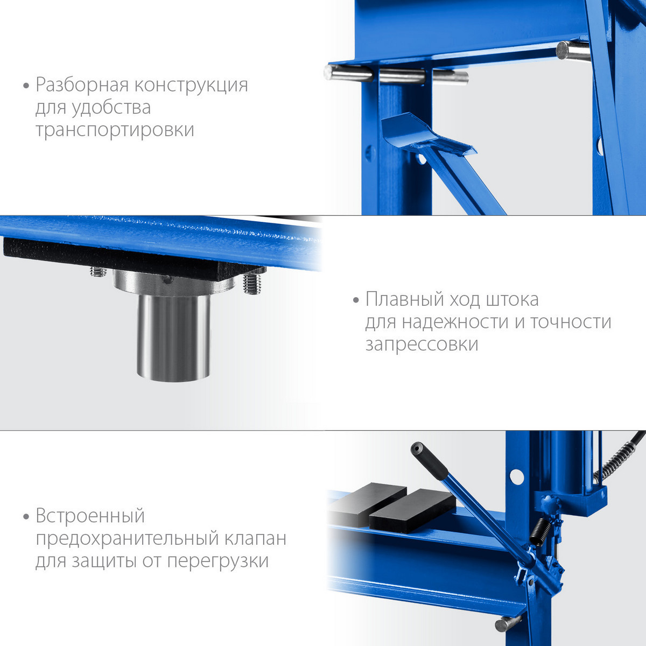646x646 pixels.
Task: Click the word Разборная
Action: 82,85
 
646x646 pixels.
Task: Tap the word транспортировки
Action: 115,130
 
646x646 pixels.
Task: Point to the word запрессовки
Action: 422,345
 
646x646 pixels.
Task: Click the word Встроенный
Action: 90,516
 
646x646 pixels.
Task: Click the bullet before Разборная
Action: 26,86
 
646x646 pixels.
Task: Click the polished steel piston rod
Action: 174,337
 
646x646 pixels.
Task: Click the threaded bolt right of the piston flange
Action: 252,283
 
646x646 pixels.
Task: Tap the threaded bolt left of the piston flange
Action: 98,271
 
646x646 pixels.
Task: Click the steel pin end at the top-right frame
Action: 572,51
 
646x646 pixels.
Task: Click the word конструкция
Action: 192,85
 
